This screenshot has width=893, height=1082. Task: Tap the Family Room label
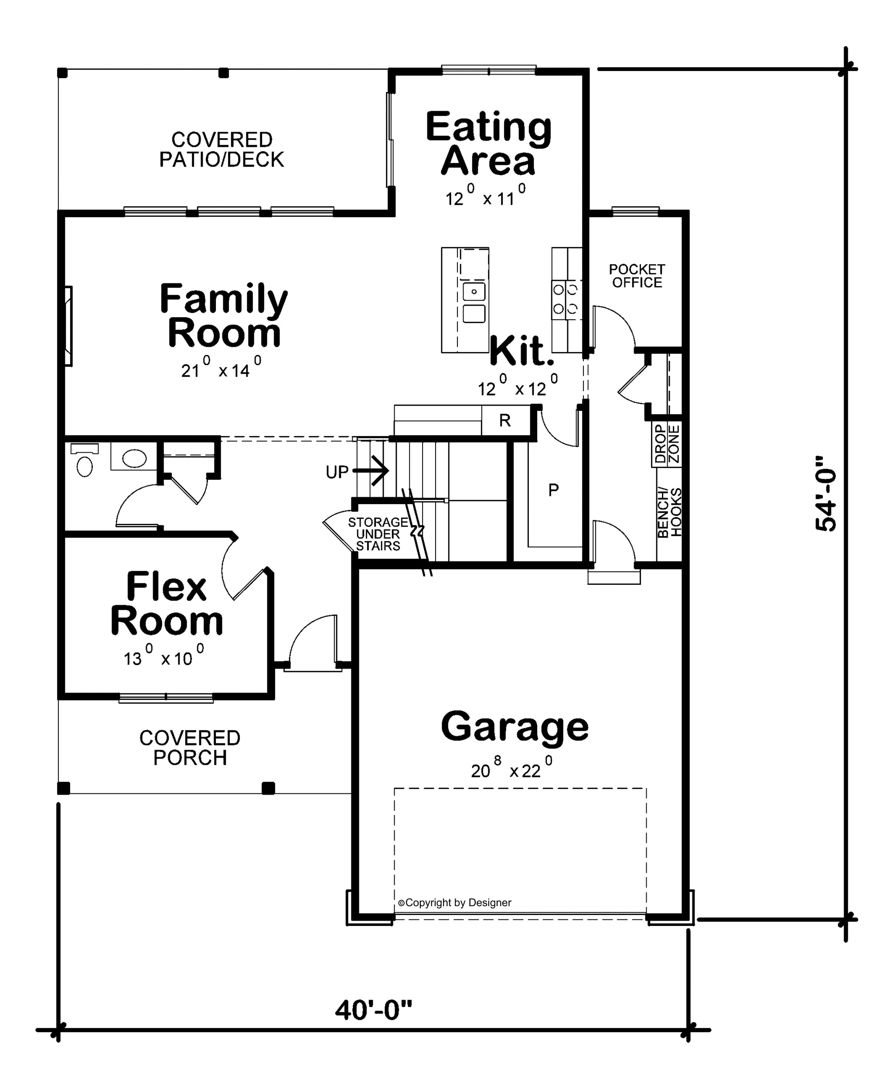pyautogui.click(x=224, y=315)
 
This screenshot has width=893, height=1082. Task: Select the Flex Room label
pyautogui.click(x=167, y=604)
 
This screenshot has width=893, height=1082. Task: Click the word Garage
pyautogui.click(x=515, y=728)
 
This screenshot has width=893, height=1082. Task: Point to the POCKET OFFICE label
pyautogui.click(x=637, y=276)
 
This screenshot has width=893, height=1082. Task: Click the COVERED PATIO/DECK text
pyautogui.click(x=222, y=150)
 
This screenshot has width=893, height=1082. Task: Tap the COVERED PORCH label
pyautogui.click(x=190, y=748)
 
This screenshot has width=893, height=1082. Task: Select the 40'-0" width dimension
pyautogui.click(x=374, y=1010)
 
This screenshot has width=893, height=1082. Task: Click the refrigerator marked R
pyautogui.click(x=505, y=420)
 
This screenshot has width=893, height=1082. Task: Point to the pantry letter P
pyautogui.click(x=553, y=490)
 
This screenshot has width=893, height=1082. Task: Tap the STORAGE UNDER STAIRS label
pyautogui.click(x=378, y=534)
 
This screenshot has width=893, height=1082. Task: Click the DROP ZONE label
pyautogui.click(x=667, y=444)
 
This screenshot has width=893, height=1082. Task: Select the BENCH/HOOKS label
pyautogui.click(x=670, y=512)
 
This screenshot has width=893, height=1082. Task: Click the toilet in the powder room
pyautogui.click(x=84, y=460)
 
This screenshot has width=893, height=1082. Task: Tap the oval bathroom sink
pyautogui.click(x=134, y=458)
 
